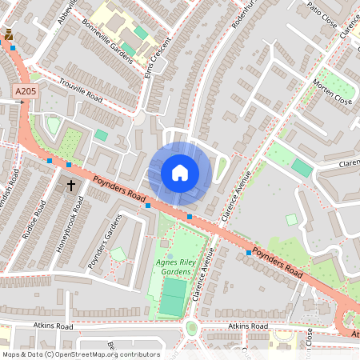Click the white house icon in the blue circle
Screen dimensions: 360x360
pos(180,173)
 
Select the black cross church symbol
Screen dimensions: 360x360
pos(70,186)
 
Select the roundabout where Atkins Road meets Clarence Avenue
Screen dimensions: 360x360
pos(192,327)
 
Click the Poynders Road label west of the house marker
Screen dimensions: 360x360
pos(116,190)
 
